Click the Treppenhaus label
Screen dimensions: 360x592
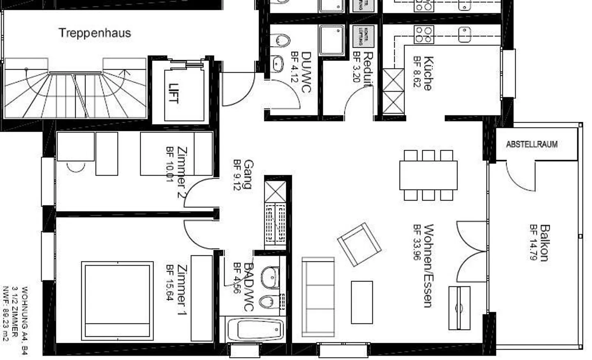pos(95,33)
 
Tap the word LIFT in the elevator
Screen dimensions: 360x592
pos(174,93)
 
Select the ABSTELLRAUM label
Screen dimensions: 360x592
pos(532,144)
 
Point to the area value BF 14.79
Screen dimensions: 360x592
pos(534,243)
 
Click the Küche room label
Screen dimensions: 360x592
pos(428,73)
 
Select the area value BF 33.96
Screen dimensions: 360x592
pos(417,243)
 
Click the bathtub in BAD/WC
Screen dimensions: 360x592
pos(255,329)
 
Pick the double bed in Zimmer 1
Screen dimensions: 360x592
pos(117,300)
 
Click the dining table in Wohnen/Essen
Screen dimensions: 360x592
pos(428,175)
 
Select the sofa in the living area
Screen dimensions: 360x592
pos(318,297)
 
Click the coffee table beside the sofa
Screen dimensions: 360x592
pos(362,302)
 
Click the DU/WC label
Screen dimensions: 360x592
pos(306,72)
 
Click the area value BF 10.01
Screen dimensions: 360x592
pos(170,165)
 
